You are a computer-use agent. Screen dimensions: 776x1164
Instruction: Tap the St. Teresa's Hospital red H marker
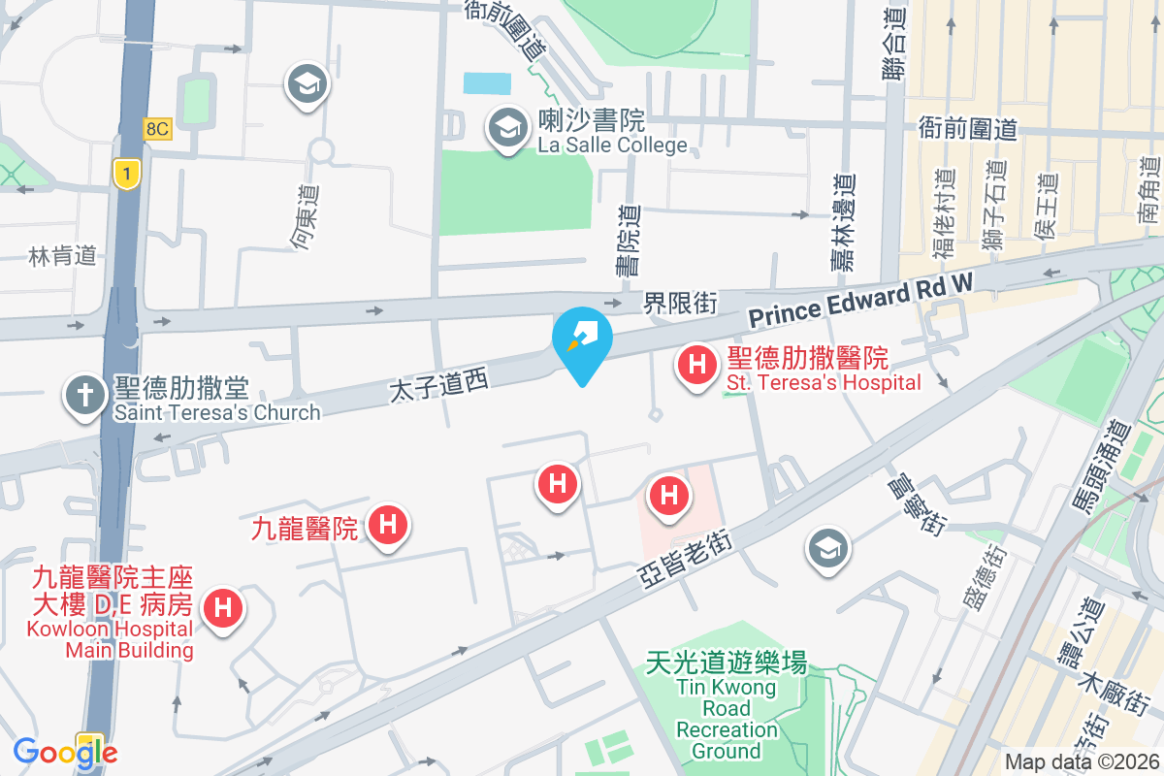695,366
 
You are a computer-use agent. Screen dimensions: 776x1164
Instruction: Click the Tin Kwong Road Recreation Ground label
727,707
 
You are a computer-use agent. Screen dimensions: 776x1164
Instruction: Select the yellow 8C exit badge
156,128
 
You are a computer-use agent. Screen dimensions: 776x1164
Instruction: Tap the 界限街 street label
680,304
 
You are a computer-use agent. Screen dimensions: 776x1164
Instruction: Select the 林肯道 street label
63,256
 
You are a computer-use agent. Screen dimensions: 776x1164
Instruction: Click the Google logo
65,753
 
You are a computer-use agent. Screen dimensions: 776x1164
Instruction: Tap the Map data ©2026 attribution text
1082,762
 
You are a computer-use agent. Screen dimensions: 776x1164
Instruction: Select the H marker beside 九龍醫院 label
388,526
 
